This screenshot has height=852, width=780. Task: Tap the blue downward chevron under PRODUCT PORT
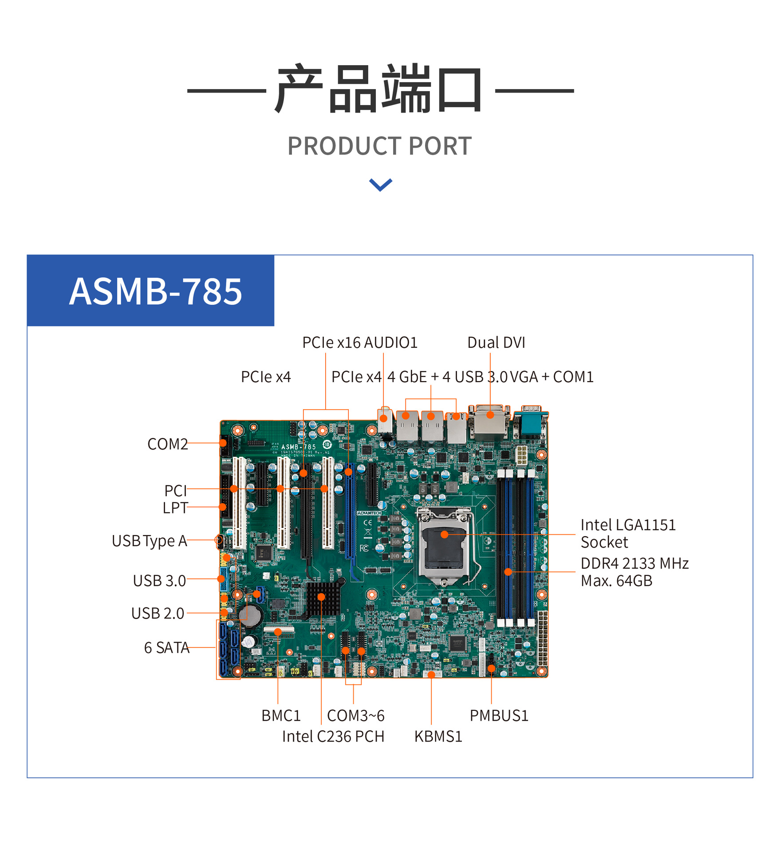380,185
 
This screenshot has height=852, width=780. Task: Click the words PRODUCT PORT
379,146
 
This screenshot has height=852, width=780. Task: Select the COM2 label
167,444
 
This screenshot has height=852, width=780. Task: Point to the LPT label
175,508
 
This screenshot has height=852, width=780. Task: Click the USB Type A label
149,541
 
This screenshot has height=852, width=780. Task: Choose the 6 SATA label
166,647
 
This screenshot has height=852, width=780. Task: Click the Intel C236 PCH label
333,737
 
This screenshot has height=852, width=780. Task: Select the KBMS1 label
438,737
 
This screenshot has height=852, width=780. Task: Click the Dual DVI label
496,343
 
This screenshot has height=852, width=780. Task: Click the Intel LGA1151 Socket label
628,533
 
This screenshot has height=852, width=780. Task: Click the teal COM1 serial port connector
531,422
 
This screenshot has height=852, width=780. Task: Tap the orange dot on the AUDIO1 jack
384,418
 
